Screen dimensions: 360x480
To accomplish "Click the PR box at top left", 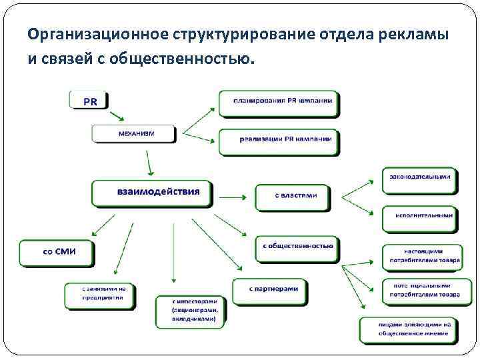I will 88,100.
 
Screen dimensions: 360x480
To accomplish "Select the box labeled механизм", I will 134,133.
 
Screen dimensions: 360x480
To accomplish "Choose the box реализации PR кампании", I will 279,140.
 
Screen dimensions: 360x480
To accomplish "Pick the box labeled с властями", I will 292,196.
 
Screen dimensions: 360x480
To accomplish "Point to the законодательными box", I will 419,178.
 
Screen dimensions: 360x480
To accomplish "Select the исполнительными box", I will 419,216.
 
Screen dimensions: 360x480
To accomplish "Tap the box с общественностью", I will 297,247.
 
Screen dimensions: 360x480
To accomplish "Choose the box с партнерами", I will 269,290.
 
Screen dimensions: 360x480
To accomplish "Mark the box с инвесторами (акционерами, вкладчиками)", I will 190,311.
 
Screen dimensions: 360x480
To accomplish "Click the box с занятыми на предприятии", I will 99,294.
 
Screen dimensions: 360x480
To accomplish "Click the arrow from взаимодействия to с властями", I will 233,197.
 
